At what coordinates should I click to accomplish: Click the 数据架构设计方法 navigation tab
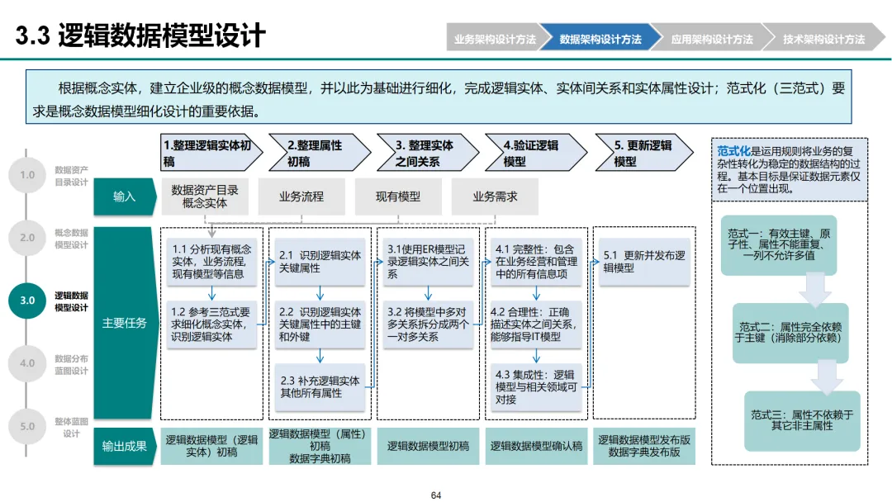click(600, 39)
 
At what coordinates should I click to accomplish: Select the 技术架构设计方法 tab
click(823, 39)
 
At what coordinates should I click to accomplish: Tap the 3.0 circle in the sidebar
click(27, 301)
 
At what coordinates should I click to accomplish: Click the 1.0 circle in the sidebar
click(27, 175)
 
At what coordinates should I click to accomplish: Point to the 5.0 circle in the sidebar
click(27, 426)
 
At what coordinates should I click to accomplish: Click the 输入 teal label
click(125, 197)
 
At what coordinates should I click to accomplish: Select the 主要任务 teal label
click(125, 323)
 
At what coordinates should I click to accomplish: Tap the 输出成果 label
click(125, 446)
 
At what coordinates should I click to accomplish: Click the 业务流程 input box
click(301, 197)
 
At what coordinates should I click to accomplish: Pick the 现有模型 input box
click(398, 197)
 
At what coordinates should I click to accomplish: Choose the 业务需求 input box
click(495, 197)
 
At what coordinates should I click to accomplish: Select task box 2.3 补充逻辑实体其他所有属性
click(321, 387)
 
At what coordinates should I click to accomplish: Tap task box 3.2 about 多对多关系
click(428, 324)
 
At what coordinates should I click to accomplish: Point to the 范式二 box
click(790, 333)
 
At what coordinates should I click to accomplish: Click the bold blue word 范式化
click(733, 151)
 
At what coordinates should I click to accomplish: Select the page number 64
click(436, 495)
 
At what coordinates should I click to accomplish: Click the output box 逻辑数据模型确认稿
click(536, 446)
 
